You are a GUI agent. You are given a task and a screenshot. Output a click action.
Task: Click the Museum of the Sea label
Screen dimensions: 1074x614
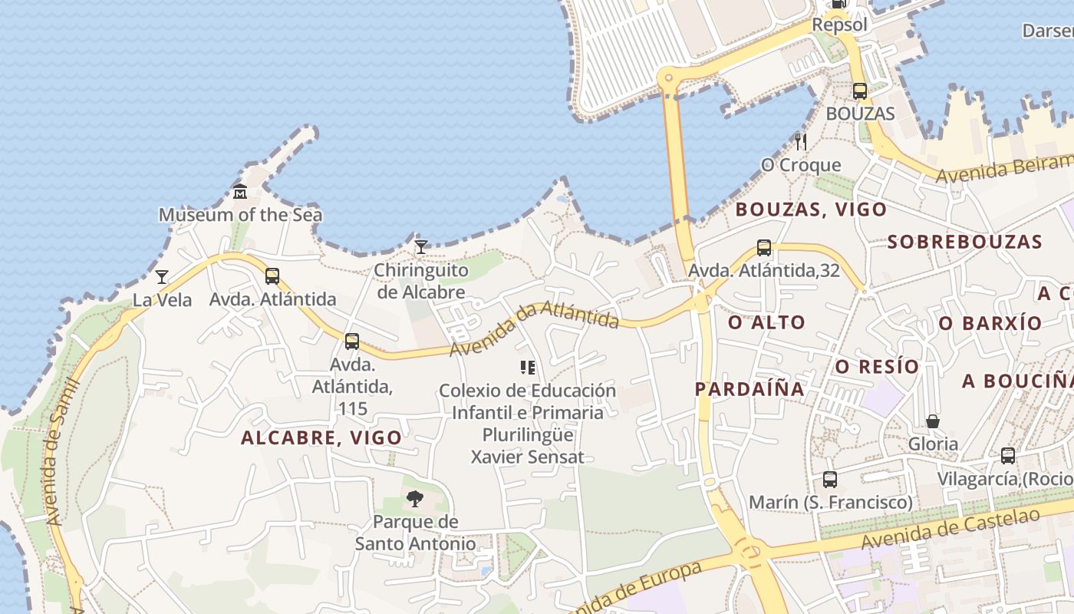tap(240, 215)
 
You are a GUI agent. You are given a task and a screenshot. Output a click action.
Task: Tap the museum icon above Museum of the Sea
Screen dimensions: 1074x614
tap(240, 191)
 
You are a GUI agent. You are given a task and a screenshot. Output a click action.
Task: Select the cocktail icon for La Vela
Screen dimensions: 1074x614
tap(162, 276)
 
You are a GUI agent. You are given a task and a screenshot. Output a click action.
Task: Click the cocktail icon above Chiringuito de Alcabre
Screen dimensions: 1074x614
tap(420, 246)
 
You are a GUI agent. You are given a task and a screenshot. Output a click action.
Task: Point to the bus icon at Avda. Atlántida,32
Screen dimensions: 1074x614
tap(763, 248)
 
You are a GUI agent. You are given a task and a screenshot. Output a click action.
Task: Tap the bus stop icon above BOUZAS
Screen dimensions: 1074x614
tap(860, 91)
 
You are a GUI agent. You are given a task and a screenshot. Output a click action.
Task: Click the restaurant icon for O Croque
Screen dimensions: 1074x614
tap(800, 141)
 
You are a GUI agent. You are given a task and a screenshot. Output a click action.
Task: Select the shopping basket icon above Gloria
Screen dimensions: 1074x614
tap(933, 421)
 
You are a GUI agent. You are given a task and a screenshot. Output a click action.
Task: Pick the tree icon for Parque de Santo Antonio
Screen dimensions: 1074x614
tap(415, 499)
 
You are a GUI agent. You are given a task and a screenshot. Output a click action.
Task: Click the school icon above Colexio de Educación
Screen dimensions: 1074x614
tap(527, 368)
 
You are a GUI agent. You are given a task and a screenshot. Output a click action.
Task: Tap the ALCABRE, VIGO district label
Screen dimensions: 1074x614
tap(321, 438)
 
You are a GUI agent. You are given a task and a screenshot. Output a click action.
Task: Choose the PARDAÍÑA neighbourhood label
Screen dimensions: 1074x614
tap(749, 389)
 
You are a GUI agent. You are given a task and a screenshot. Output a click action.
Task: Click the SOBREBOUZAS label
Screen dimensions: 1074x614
tap(964, 242)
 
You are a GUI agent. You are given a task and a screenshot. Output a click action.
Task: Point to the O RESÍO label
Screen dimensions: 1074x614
tap(877, 367)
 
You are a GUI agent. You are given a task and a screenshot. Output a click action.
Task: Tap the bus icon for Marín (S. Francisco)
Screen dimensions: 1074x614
tap(829, 480)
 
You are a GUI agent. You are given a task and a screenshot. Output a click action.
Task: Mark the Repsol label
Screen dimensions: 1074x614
tap(839, 25)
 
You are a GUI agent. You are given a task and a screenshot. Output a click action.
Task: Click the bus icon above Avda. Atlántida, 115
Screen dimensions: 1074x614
tap(351, 342)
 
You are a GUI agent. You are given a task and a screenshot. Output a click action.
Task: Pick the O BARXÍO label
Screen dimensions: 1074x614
tap(990, 323)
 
